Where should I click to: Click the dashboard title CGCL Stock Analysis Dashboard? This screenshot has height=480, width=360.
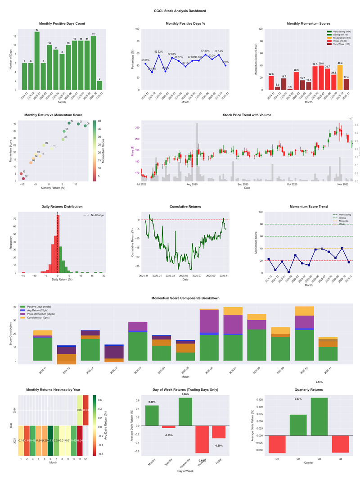tap(180, 10)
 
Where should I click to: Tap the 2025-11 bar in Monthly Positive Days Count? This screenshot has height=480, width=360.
tap(99, 85)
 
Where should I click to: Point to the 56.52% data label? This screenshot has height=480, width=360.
tap(158, 52)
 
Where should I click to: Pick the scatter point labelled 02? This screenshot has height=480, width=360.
tap(23, 179)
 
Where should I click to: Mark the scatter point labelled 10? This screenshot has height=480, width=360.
tap(69, 123)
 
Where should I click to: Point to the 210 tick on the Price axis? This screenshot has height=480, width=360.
tap(137, 128)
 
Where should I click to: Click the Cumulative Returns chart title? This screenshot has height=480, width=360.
tap(185, 207)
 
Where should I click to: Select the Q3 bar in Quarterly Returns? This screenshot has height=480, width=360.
tap(319, 417)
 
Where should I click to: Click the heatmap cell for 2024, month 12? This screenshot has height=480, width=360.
tap(85, 410)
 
